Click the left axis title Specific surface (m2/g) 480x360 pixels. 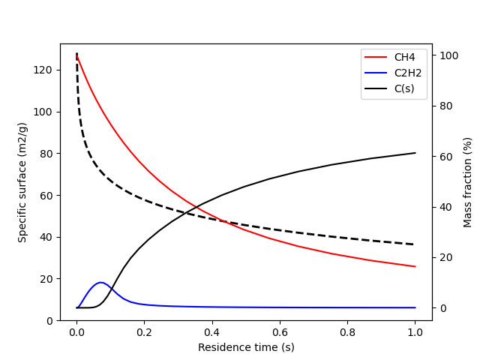[22, 182]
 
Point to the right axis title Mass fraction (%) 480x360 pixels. [467, 182]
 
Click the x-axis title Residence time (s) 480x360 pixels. [246, 347]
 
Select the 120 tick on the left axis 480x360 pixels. [42, 70]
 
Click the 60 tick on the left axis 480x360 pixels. [45, 195]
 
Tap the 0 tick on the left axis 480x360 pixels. [48, 320]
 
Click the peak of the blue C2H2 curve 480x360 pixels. [100, 283]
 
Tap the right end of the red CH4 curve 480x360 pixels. [415, 266]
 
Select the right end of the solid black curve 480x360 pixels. [415, 153]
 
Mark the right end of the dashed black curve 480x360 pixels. [415, 244]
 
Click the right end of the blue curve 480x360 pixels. [415, 307]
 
